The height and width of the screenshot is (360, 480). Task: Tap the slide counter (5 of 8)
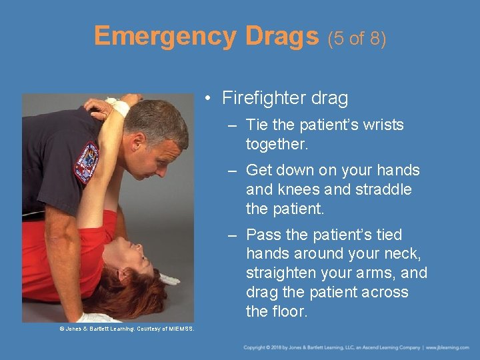click(x=356, y=38)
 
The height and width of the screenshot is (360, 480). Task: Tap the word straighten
click(x=280, y=273)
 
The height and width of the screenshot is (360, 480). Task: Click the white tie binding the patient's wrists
click(x=119, y=105)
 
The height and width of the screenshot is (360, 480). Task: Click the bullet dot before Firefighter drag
click(x=209, y=99)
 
